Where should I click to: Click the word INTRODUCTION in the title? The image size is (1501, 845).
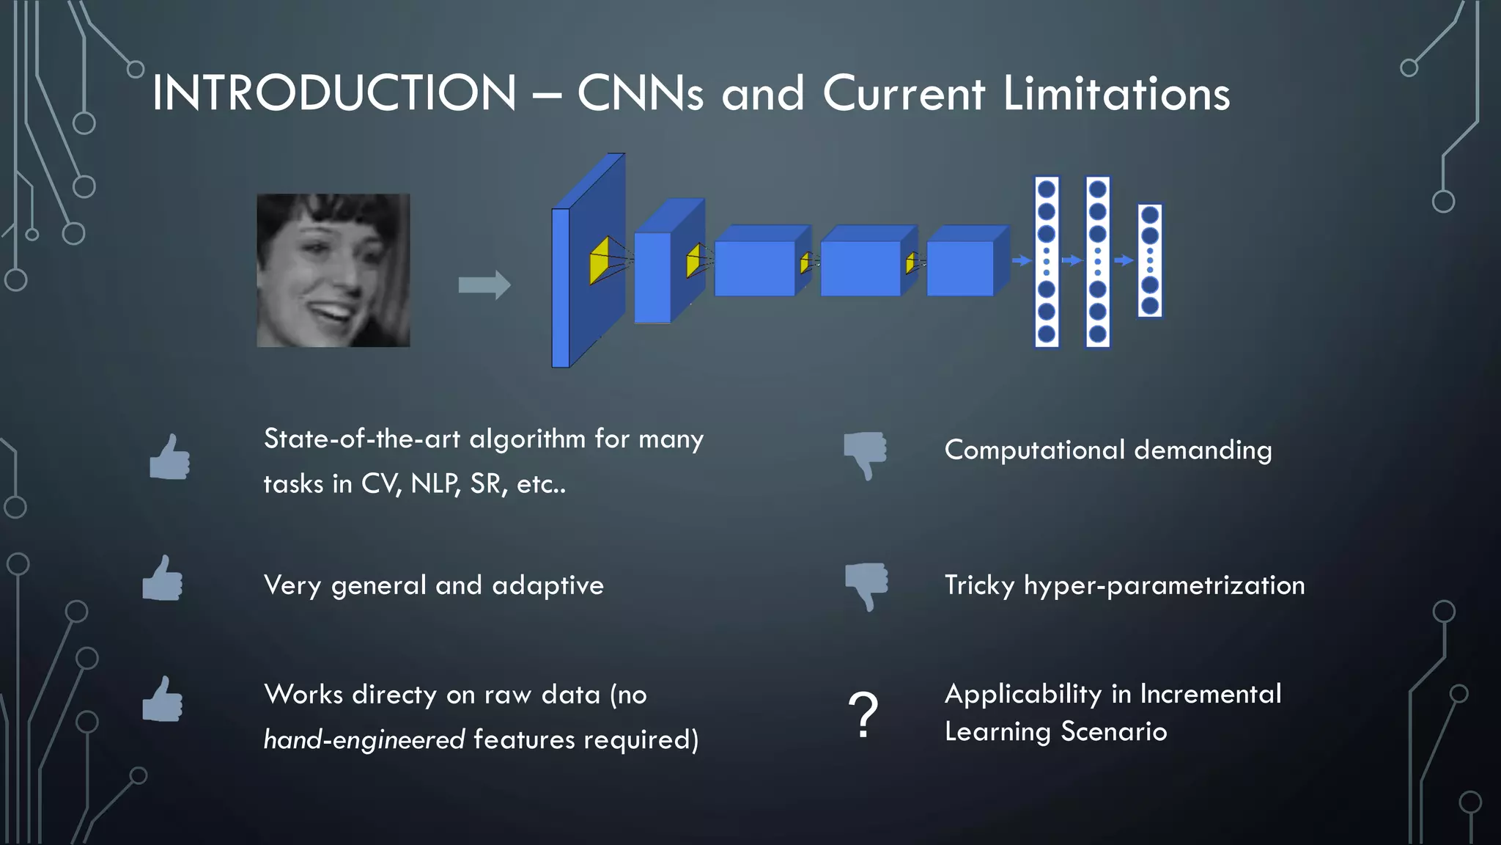tap(334, 93)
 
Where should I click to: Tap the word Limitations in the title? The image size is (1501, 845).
tap(1116, 93)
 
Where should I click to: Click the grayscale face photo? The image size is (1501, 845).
tap(333, 270)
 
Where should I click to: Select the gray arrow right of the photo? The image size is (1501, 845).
tap(484, 285)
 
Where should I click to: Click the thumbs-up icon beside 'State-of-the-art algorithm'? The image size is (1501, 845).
tap(170, 457)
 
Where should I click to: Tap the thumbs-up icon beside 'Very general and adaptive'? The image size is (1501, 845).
tap(163, 579)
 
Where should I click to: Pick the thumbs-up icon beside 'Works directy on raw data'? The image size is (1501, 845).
tap(163, 700)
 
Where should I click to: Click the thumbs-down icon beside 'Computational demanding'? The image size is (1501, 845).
tap(866, 454)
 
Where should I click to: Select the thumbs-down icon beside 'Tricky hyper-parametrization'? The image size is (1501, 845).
tap(866, 585)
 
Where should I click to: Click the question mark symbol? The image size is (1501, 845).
tap(863, 714)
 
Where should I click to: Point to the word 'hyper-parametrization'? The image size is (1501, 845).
tap(1164, 586)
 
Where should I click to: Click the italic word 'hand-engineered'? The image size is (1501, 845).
tap(364, 739)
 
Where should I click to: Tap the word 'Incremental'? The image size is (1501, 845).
tap(1211, 694)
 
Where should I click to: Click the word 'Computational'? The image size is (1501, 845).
tap(1034, 450)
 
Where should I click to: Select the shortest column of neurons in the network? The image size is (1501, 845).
tap(1150, 260)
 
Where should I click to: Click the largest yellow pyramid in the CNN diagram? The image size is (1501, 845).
tap(600, 260)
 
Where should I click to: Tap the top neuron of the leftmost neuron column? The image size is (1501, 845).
tap(1047, 189)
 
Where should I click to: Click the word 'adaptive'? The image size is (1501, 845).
tap(548, 586)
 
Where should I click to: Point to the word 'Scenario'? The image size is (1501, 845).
tap(1114, 731)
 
